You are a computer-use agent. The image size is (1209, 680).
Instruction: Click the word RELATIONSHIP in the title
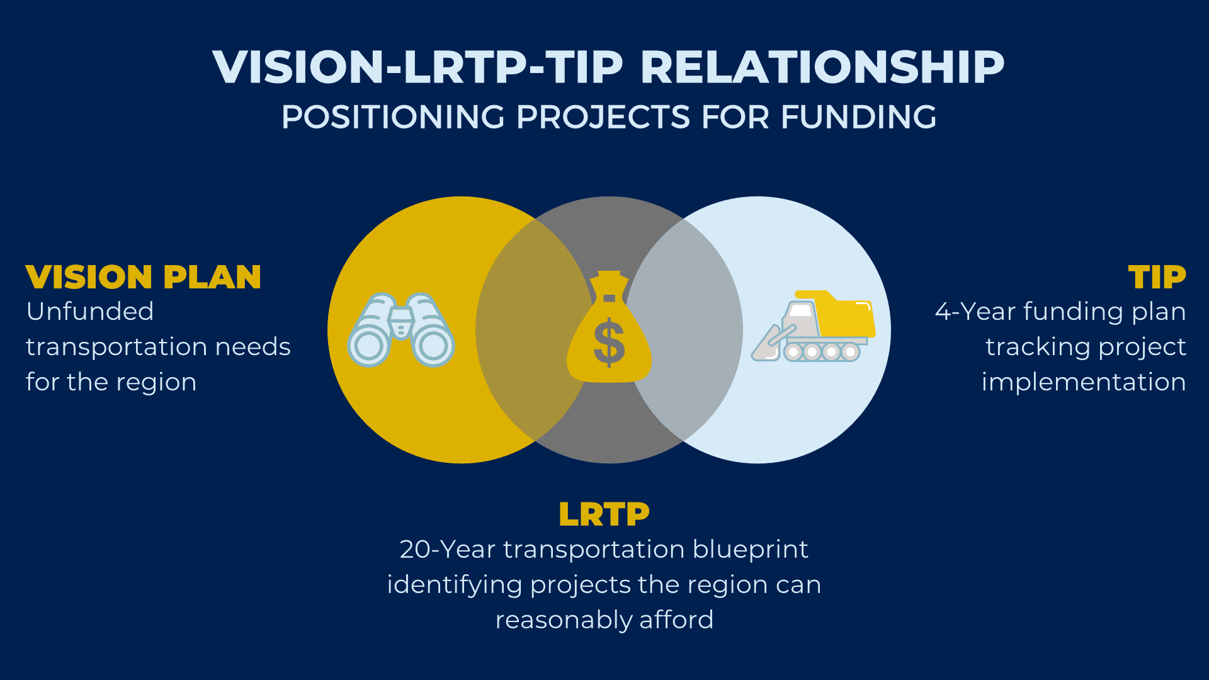[822, 67]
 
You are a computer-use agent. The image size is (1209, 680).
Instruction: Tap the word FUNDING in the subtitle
[858, 117]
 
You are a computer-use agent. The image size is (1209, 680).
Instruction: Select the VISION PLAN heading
[144, 277]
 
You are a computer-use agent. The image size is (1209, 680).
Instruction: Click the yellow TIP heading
[1157, 277]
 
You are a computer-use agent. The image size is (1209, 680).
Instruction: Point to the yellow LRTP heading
[604, 514]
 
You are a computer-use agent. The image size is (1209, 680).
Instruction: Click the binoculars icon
[401, 329]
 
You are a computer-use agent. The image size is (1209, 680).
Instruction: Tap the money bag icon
[609, 327]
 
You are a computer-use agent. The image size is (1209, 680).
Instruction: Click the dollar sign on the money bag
[609, 343]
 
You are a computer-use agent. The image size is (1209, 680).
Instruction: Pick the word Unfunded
[90, 312]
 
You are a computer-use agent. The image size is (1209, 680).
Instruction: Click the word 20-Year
[447, 550]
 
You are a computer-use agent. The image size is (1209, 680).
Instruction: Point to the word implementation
[1084, 382]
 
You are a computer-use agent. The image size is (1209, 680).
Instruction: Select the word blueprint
[750, 550]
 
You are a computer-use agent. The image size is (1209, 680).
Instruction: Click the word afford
[676, 620]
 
